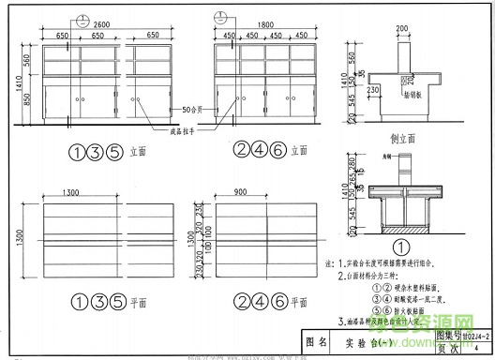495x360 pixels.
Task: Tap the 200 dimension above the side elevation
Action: pos(403,29)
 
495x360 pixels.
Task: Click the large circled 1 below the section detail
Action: pos(402,247)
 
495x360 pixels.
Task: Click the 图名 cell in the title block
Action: pos(318,343)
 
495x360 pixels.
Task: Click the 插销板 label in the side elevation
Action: pos(416,95)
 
